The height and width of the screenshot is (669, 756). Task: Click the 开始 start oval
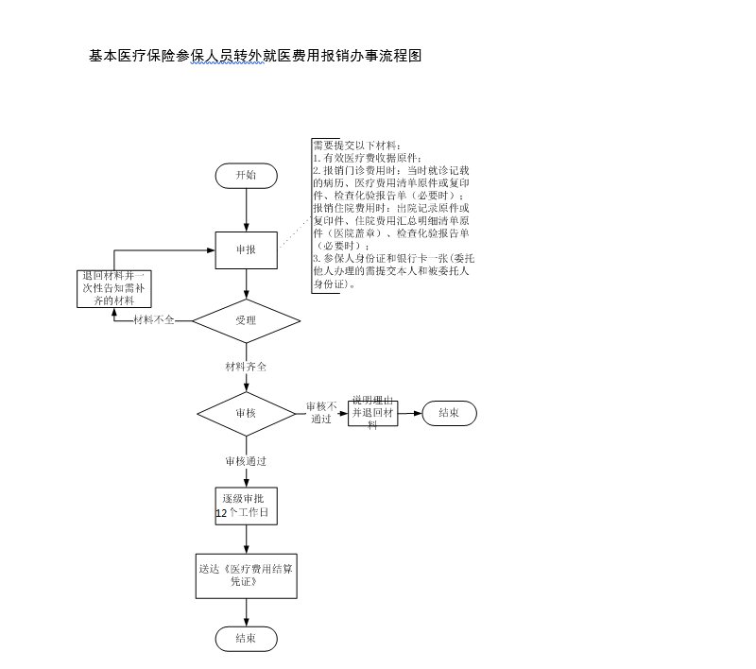pos(246,175)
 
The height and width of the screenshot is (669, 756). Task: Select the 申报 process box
pos(246,249)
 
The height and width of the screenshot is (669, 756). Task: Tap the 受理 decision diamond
pos(246,320)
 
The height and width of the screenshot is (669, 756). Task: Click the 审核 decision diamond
pos(246,413)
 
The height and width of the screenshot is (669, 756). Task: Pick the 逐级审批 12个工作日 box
pos(246,506)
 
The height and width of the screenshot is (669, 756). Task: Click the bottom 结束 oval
pos(246,639)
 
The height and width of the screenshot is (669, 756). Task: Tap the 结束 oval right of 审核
pos(450,413)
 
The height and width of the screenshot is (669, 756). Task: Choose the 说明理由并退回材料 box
pos(372,413)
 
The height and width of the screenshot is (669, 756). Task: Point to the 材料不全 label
pos(154,320)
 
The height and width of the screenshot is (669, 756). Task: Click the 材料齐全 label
pos(246,366)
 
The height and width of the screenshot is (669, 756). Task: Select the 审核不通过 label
pos(321,412)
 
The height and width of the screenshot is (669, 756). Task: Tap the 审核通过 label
pos(246,462)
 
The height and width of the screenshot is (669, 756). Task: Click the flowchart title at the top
pos(255,56)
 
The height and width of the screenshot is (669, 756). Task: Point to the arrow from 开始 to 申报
pos(246,210)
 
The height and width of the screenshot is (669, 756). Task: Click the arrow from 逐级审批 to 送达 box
pos(246,539)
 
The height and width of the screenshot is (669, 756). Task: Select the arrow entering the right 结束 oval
pos(410,413)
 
